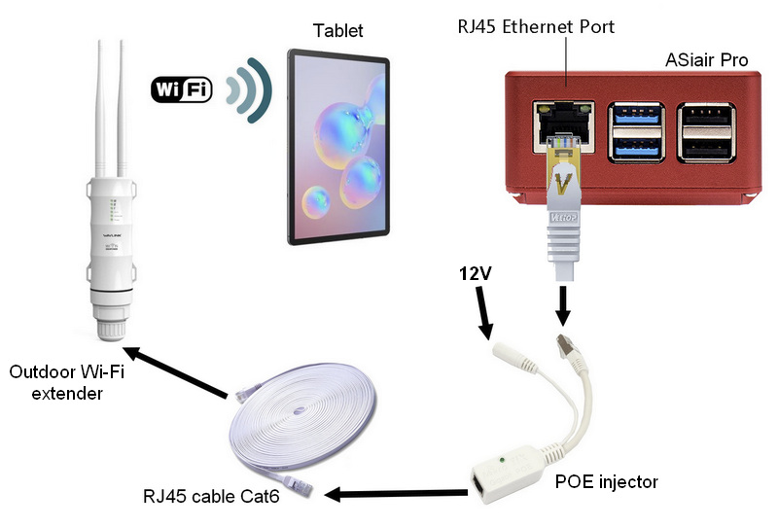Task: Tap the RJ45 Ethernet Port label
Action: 536,26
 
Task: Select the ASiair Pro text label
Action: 705,60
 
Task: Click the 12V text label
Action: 478,276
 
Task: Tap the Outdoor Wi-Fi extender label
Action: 60,383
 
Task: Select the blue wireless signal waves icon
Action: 246,90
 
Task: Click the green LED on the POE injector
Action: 502,457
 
